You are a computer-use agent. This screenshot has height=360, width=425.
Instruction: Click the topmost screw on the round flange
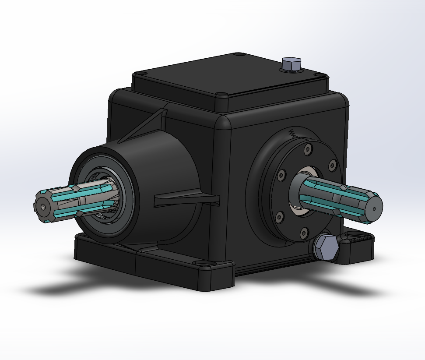(x=309, y=149)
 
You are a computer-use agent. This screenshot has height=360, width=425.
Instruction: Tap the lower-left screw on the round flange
(x=278, y=215)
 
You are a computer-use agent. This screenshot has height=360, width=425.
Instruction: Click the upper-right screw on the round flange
(x=331, y=165)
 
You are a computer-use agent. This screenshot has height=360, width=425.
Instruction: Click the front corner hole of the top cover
(x=221, y=94)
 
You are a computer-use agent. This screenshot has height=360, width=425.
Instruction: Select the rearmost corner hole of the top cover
(x=239, y=55)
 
